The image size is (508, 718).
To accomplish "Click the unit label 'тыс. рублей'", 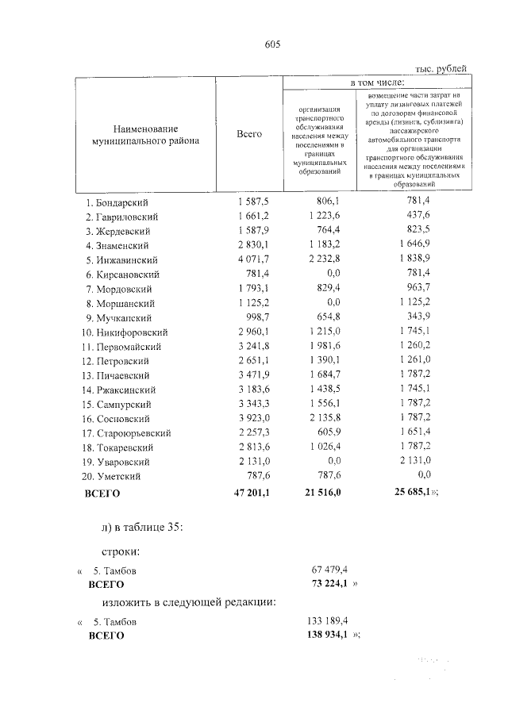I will tap(441, 70).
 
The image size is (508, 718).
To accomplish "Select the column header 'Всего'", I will tap(250, 135).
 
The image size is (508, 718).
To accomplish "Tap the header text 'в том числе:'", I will tap(377, 82).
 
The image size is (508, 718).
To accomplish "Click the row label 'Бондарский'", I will tap(125, 202).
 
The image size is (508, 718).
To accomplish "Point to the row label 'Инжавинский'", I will tap(128, 260).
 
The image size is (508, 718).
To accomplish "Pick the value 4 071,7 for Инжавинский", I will tap(254, 260).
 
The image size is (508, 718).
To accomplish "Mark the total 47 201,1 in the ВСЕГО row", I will tap(252, 493).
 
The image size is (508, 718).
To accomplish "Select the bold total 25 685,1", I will tap(411, 493).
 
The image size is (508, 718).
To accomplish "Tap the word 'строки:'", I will tap(121, 550).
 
